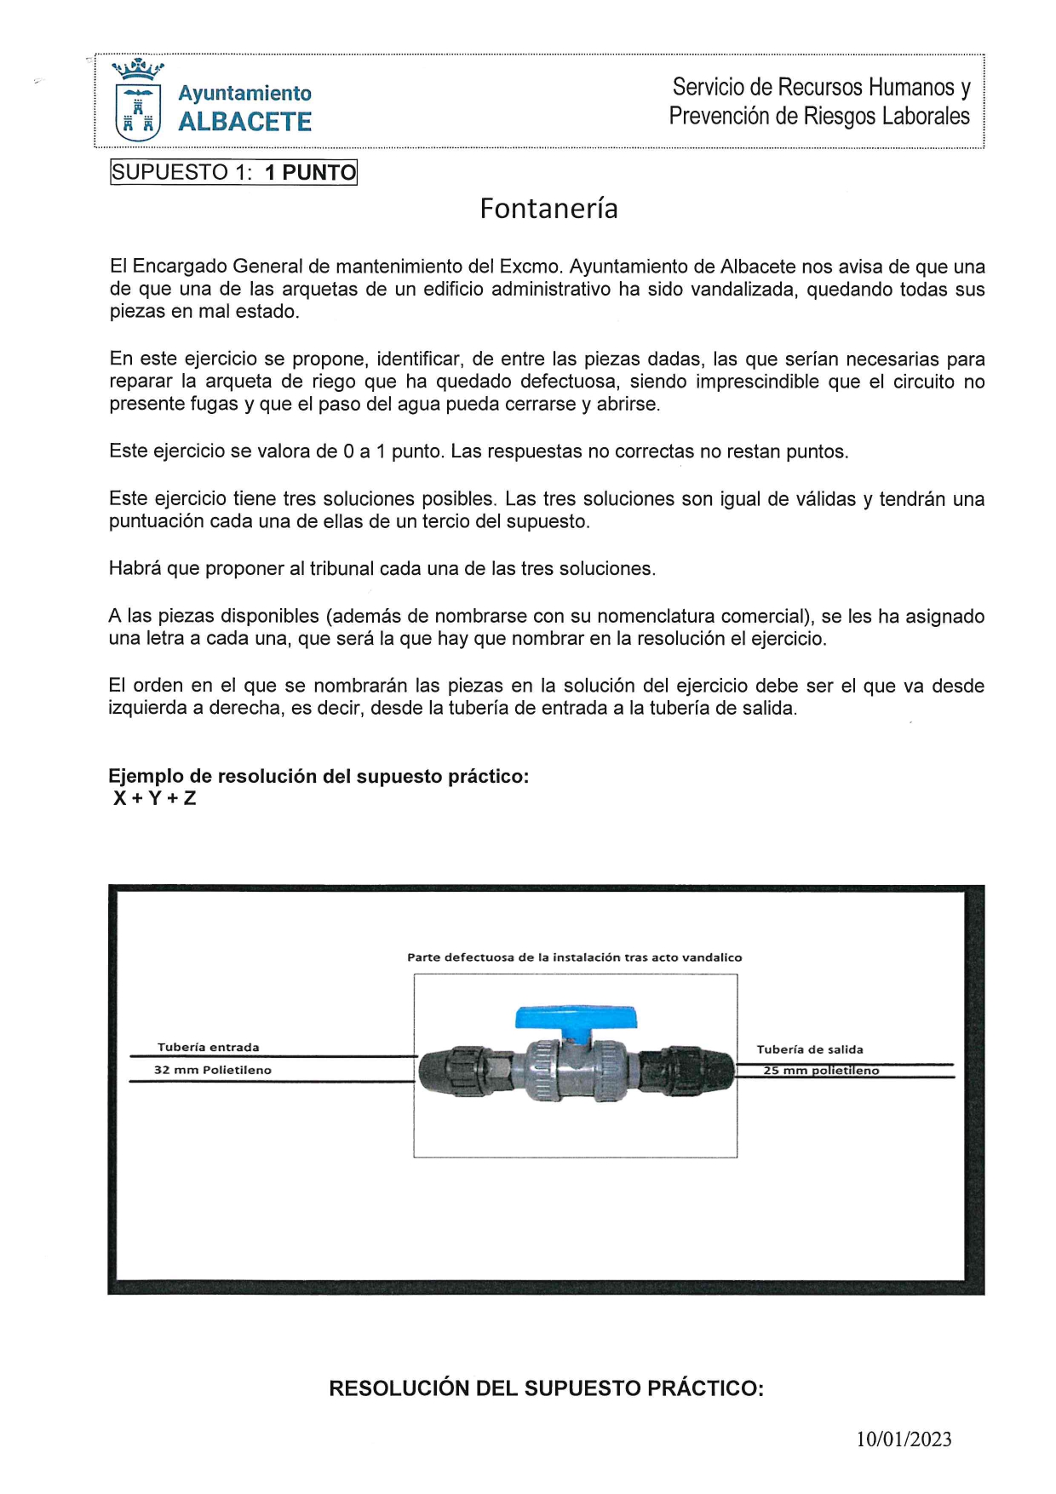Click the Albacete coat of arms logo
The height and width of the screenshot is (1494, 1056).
pos(137,101)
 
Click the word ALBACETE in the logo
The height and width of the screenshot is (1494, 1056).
pos(244,123)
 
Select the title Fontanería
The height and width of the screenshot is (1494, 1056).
pos(548,209)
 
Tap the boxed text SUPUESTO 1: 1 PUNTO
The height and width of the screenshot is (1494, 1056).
pos(233,172)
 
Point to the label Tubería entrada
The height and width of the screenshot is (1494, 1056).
pos(208,1047)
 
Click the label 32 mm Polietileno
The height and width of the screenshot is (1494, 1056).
pos(213,1070)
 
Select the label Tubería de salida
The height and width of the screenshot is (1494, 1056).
pos(809,1049)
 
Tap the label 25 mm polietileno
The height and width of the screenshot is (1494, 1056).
pos(821,1071)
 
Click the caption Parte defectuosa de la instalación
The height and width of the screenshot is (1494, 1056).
pos(574,957)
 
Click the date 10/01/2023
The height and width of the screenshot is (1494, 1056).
pos(904,1439)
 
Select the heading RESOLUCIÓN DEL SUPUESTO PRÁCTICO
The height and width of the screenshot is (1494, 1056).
pos(546,1388)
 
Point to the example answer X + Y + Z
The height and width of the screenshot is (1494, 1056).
pos(154,798)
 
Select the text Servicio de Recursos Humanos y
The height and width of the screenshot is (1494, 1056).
pos(821,87)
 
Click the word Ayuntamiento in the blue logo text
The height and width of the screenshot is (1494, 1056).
pos(244,93)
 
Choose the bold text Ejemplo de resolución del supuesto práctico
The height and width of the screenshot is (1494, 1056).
pos(319,776)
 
